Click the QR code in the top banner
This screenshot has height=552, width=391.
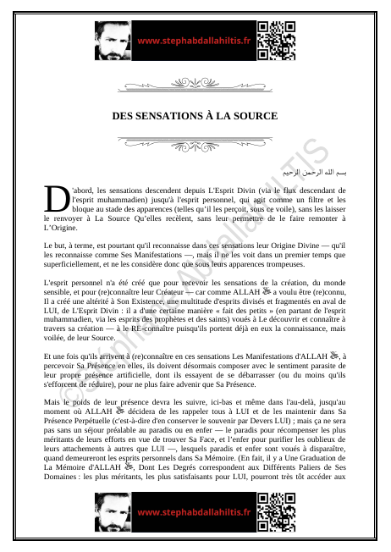pyautogui.click(x=277, y=40)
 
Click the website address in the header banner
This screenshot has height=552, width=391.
pyautogui.click(x=194, y=40)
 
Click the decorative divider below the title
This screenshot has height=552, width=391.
pyautogui.click(x=195, y=141)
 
